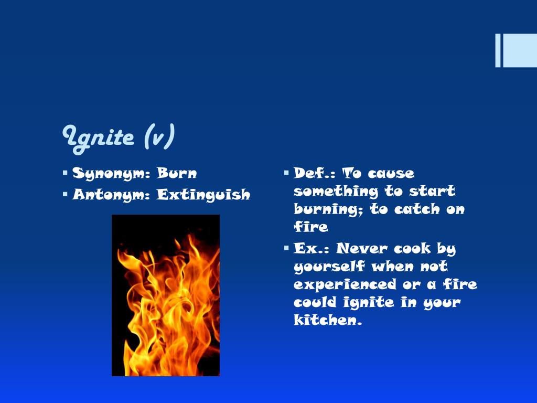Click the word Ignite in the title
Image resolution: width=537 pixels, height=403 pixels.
point(99,137)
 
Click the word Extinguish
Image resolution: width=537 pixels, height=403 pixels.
point(203,195)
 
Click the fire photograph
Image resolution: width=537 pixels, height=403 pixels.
point(166,295)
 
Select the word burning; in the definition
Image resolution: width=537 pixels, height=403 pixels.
point(329,209)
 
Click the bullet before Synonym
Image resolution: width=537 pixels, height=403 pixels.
point(65,173)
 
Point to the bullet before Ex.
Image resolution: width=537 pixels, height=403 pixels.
point(286,248)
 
